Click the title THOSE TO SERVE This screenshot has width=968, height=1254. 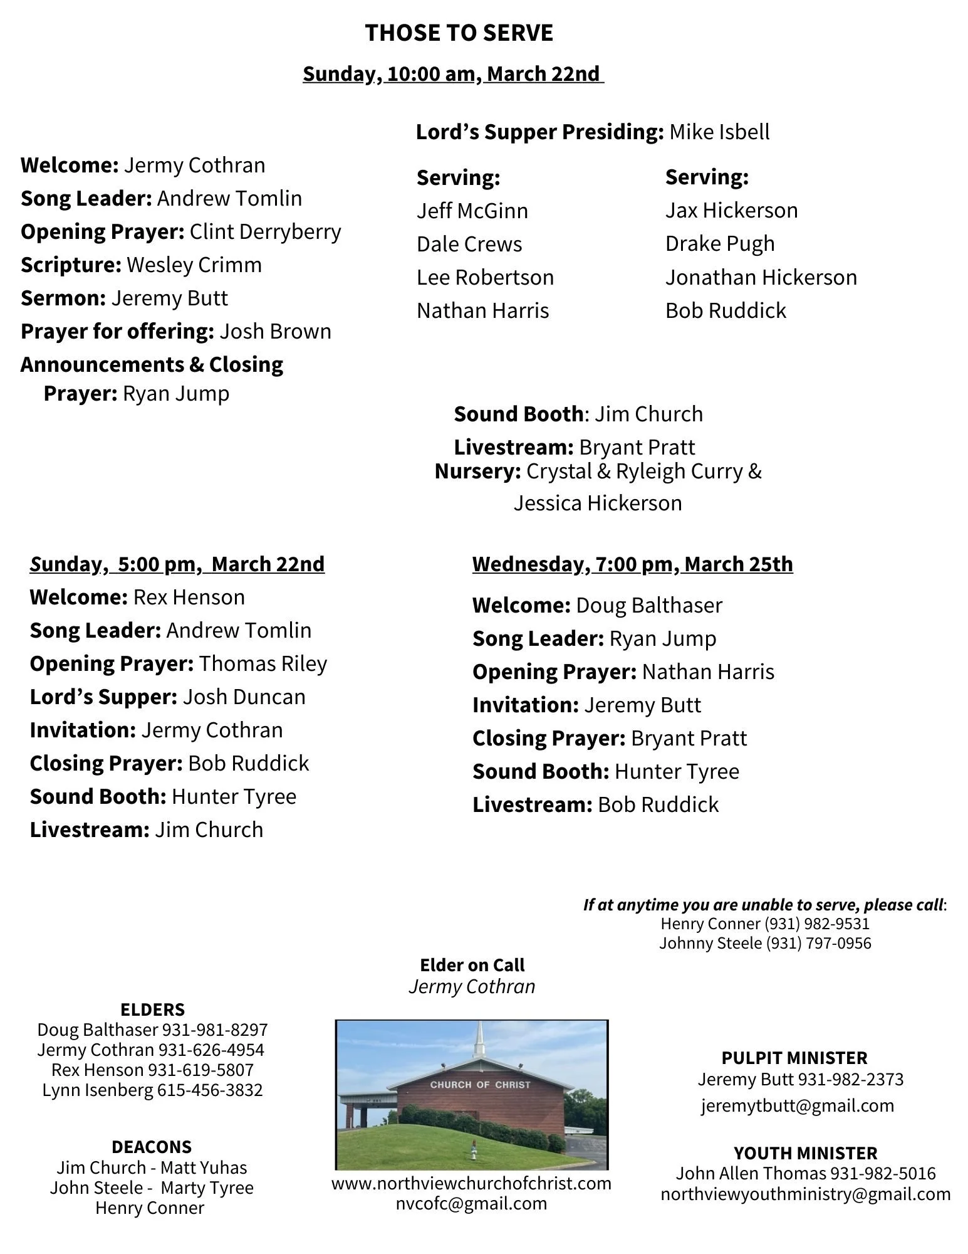(459, 33)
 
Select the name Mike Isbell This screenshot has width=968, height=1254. (719, 132)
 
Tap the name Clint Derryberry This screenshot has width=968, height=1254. (265, 232)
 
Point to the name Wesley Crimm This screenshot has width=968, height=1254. (194, 265)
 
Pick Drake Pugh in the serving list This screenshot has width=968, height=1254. (720, 244)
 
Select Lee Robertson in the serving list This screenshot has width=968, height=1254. (485, 278)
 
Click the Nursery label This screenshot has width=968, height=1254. (477, 472)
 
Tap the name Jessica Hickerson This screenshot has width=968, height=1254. (598, 503)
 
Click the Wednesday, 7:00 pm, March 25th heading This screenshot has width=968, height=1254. (632, 564)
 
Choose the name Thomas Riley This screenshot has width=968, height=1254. (263, 664)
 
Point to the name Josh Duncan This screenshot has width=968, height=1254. (244, 697)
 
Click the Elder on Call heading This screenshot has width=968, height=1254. (472, 965)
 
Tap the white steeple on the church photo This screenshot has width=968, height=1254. (481, 1041)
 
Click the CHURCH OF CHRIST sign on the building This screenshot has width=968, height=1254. (480, 1085)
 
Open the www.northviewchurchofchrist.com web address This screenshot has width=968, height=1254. (471, 1184)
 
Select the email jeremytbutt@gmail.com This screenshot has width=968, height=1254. (797, 1105)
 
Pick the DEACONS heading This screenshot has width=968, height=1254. (152, 1147)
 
